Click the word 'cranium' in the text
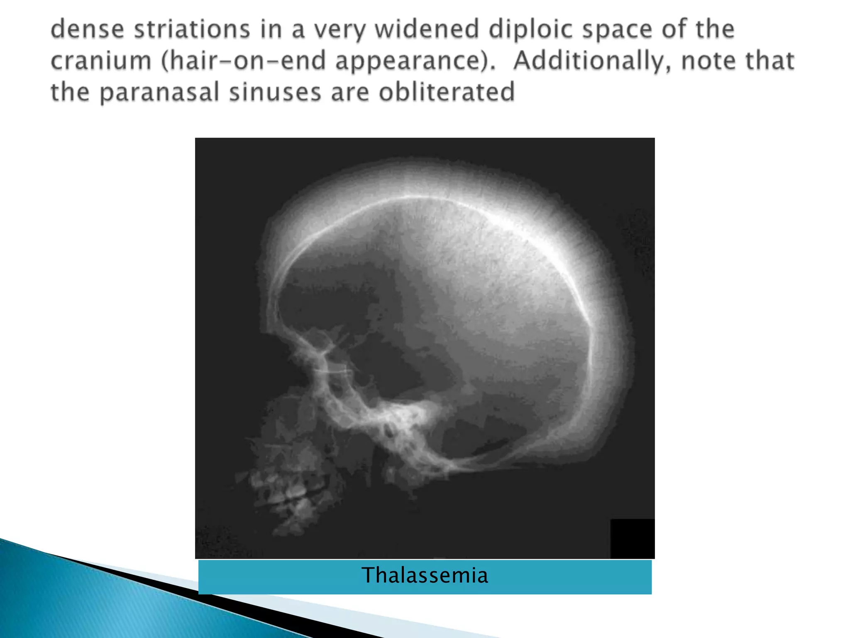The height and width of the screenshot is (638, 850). pyautogui.click(x=101, y=61)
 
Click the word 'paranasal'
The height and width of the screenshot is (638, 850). pyautogui.click(x=159, y=92)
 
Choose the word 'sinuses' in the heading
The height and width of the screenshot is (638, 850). pyautogui.click(x=275, y=92)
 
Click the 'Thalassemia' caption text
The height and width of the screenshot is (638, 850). pyautogui.click(x=425, y=576)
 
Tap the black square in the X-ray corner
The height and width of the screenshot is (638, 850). pyautogui.click(x=632, y=538)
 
